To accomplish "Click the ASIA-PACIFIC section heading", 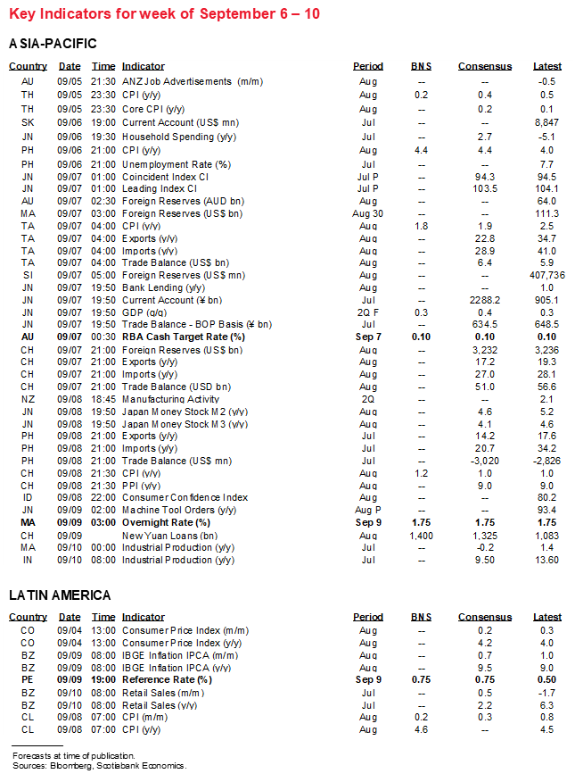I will click(53, 44).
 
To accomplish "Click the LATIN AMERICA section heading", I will click(60, 595).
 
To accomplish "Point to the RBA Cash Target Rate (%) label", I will click(183, 337).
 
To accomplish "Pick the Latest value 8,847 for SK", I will click(546, 122).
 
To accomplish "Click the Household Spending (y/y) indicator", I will click(168, 137).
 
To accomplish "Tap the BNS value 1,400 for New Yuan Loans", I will click(420, 535).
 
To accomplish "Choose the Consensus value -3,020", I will click(484, 461).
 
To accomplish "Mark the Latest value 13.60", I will click(546, 560).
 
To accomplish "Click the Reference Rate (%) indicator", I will click(167, 679).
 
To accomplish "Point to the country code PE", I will click(28, 679).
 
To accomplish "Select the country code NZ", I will click(28, 399).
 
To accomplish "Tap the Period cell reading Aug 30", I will click(367, 214).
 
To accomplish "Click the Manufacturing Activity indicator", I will click(170, 399).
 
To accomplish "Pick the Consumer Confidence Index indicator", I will click(185, 497).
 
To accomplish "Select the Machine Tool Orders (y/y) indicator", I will click(178, 509).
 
